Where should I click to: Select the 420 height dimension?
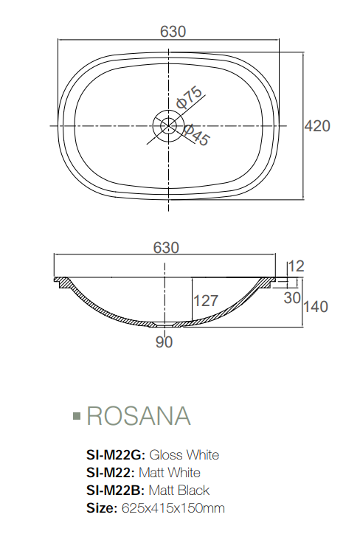(x=317, y=126)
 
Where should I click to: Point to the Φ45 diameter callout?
(x=195, y=135)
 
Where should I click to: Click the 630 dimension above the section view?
(x=166, y=248)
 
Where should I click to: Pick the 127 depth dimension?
(x=206, y=300)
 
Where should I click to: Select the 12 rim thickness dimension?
(x=297, y=266)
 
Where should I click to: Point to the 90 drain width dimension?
(x=164, y=342)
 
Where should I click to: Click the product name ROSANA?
(x=139, y=416)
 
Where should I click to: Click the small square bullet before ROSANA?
(x=76, y=417)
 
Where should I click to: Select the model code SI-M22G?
(x=117, y=454)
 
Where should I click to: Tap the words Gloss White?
(x=184, y=454)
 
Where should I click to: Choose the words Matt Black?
(x=179, y=490)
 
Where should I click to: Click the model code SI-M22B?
(x=117, y=490)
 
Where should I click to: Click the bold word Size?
(x=102, y=507)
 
